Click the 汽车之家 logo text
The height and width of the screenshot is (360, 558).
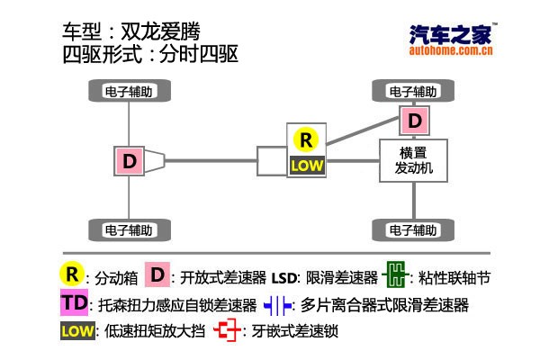pyautogui.click(x=451, y=35)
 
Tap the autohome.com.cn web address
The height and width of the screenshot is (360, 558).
pyautogui.click(x=451, y=51)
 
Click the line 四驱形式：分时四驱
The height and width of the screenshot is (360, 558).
pyautogui.click(x=149, y=55)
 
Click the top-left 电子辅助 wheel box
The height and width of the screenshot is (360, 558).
pyautogui.click(x=131, y=91)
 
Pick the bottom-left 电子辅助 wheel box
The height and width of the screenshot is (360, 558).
pyautogui.click(x=131, y=229)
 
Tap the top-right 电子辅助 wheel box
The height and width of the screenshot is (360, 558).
pyautogui.click(x=413, y=91)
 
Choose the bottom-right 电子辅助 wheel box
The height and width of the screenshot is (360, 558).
pyautogui.click(x=413, y=229)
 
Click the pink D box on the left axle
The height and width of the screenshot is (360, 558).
pyautogui.click(x=130, y=160)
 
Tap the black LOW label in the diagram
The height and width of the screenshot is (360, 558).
pyautogui.click(x=306, y=165)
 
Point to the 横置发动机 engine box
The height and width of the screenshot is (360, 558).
pyautogui.click(x=414, y=160)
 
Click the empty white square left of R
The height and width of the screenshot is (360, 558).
pyautogui.click(x=271, y=160)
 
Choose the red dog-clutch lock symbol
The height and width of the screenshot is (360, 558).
pyautogui.click(x=229, y=331)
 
